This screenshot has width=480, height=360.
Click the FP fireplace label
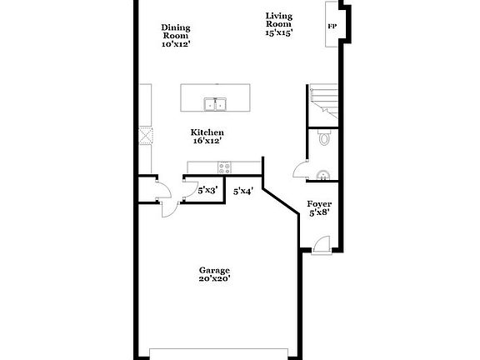(x=331, y=27)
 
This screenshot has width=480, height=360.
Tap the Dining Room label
(x=176, y=32)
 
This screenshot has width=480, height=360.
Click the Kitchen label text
(x=207, y=132)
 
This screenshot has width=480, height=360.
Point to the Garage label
(x=214, y=270)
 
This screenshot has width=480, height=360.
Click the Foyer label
(x=319, y=203)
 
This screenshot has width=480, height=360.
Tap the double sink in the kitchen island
(x=215, y=104)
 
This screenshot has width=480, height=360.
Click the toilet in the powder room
(x=324, y=138)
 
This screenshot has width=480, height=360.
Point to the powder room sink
(x=322, y=176)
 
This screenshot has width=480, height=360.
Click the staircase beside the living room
(x=324, y=102)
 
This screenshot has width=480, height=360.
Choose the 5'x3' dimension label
(x=207, y=191)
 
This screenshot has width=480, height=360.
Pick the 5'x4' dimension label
(x=242, y=192)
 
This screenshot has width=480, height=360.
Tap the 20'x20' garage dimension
(x=214, y=279)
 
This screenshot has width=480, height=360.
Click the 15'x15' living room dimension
(x=279, y=32)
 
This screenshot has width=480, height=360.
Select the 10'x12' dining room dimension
(x=176, y=44)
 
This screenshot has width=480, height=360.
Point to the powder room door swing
(x=299, y=171)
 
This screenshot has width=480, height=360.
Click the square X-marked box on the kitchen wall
(x=147, y=136)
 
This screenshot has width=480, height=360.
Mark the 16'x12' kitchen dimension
(x=207, y=142)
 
